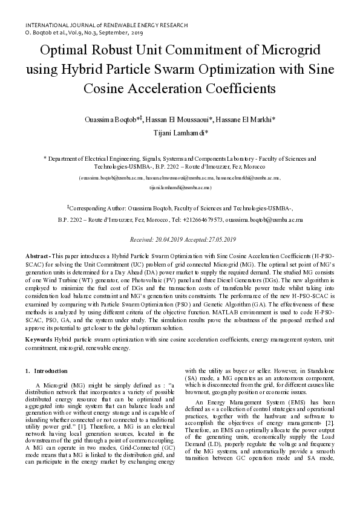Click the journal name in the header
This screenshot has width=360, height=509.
click(x=106, y=25)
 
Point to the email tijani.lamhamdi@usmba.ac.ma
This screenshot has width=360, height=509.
click(x=180, y=188)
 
